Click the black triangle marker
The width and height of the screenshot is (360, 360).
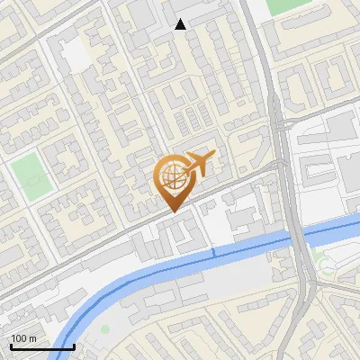pyautogui.click(x=181, y=24)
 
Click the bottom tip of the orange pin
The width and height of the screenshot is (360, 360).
pyautogui.click(x=173, y=211)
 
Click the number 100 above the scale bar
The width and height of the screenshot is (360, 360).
pyautogui.click(x=19, y=338)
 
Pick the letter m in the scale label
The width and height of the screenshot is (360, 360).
pyautogui.click(x=32, y=338)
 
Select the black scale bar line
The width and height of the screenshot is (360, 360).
pyautogui.click(x=42, y=346)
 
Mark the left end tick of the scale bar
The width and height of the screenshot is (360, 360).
pyautogui.click(x=12, y=345)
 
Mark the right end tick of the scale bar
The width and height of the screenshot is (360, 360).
pyautogui.click(x=74, y=345)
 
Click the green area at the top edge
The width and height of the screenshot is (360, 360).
pyautogui.click(x=286, y=5)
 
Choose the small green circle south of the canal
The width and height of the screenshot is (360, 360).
pyautogui.click(x=104, y=329)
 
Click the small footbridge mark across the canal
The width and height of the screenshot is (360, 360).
pyautogui.click(x=214, y=254)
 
